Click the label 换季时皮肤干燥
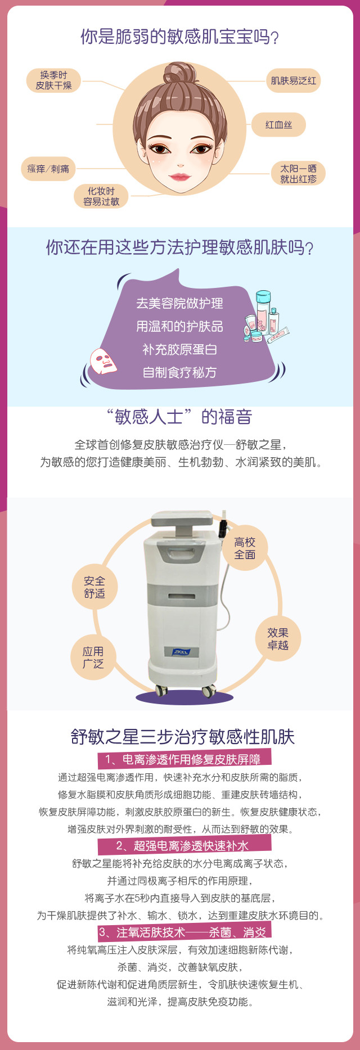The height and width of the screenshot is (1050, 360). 53,80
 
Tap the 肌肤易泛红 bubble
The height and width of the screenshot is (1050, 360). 293,80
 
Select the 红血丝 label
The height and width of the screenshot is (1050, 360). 278,124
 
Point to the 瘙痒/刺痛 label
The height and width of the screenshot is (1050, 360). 48,169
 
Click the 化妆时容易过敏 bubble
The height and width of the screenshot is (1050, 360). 101,196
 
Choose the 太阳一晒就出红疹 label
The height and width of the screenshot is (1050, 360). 298,174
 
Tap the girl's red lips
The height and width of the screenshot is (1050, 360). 180,177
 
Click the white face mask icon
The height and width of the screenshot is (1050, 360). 104,360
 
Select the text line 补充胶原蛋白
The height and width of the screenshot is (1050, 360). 180,349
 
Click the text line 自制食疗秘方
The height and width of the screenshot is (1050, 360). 180,372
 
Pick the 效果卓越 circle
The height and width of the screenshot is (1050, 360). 278,639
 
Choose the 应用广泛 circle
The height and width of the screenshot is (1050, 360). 93,657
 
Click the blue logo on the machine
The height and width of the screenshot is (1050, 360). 181,652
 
